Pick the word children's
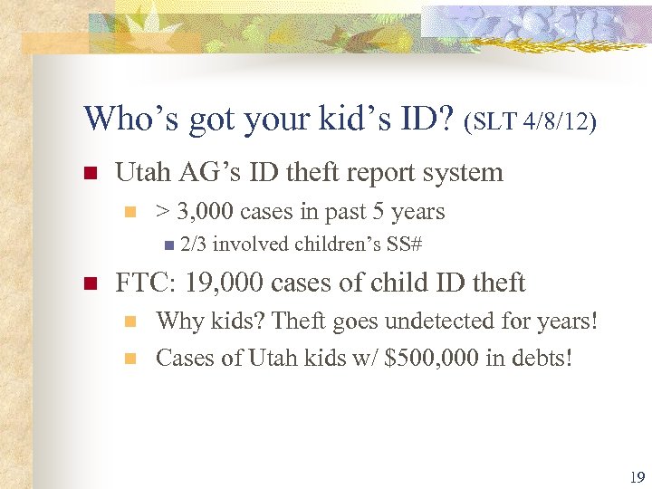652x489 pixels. coord(333,244)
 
